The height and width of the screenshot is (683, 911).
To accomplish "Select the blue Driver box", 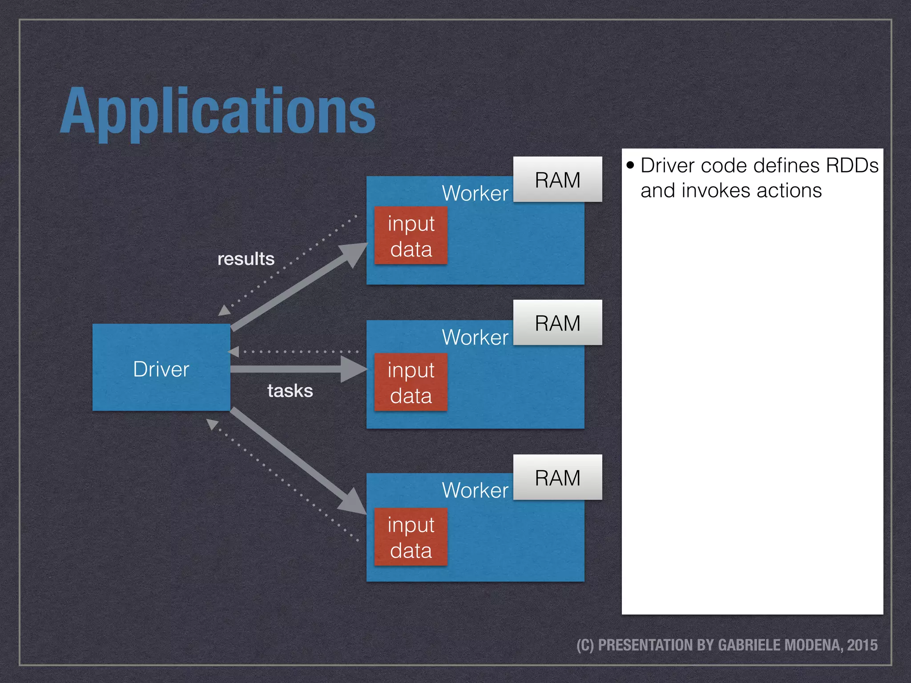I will point(161,367).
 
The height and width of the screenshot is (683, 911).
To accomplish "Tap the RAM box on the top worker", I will point(557,180).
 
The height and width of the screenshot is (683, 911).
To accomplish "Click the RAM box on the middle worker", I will point(557,323).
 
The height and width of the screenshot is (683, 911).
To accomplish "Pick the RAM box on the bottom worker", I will point(557,478).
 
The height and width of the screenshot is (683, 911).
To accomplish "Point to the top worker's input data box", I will point(411,236).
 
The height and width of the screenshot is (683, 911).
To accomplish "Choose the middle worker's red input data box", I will point(411,382).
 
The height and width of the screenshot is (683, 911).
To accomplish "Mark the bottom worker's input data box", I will point(411,537).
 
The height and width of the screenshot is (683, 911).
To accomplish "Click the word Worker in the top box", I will point(475,193).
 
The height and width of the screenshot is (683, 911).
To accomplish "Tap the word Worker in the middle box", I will point(475,337).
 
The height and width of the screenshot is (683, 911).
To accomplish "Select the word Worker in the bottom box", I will point(475,490).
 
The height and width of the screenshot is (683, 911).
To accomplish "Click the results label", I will point(246,259).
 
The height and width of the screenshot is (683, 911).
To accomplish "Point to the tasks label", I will point(290,391).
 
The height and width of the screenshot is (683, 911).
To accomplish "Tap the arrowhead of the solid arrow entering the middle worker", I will point(354,369).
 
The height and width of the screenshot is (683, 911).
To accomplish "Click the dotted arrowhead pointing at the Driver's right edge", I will point(234,352).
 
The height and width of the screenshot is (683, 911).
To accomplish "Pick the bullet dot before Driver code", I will point(630,165).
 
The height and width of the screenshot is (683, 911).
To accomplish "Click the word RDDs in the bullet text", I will point(852,165).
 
